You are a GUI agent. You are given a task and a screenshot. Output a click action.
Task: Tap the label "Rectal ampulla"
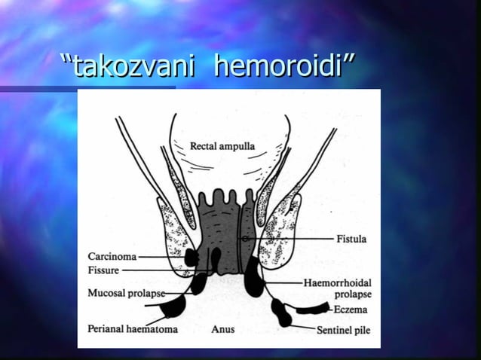click(222, 145)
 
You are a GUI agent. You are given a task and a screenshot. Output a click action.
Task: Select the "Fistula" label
click(351, 239)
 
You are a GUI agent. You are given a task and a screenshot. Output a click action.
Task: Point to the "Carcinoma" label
click(112, 256)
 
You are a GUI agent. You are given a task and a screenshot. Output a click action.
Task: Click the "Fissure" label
click(103, 270)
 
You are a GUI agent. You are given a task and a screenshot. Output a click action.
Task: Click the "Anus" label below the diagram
click(223, 329)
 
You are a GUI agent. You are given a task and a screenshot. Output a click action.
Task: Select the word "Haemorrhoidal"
click(338, 283)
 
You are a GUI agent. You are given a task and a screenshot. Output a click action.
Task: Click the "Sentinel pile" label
click(343, 329)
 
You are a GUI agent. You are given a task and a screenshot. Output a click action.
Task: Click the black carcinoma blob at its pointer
click(191, 258)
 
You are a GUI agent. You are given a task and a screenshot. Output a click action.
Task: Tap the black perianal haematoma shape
click(174, 307)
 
